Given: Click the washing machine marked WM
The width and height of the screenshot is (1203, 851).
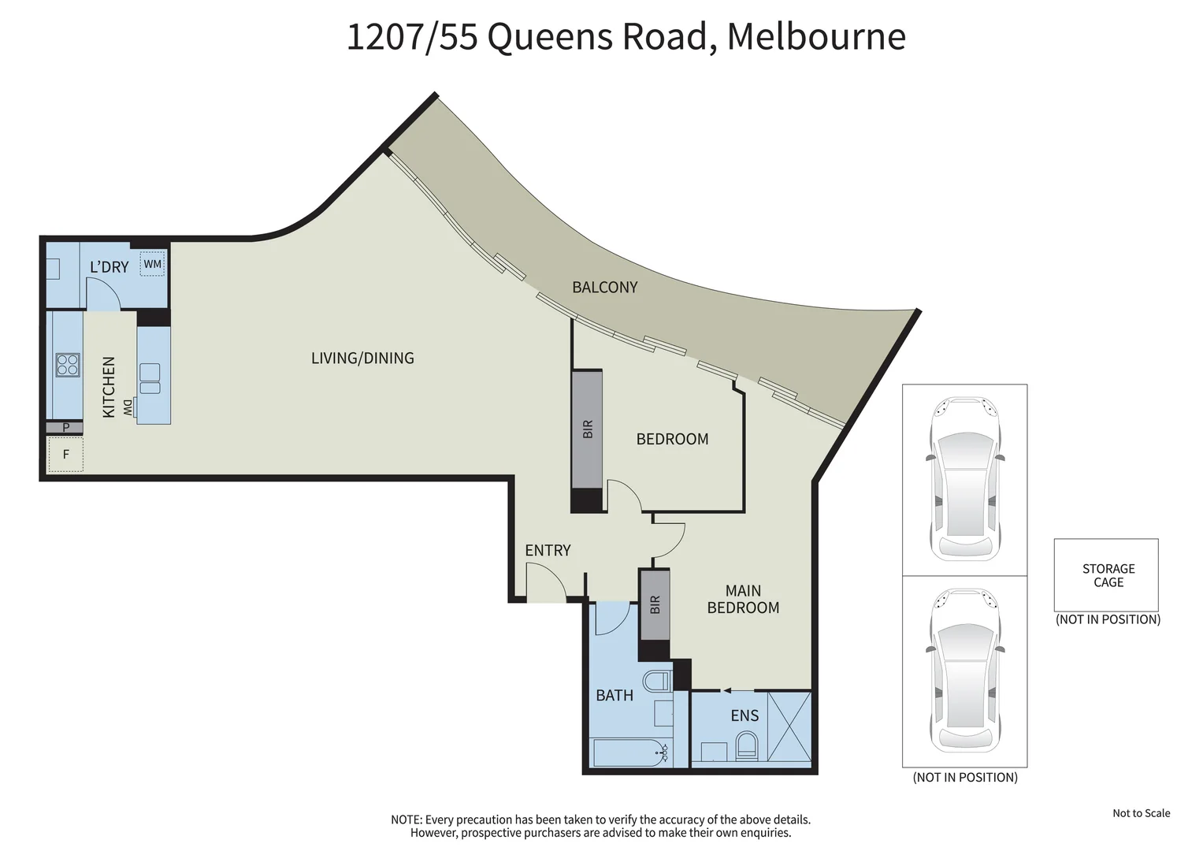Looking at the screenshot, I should click(152, 264).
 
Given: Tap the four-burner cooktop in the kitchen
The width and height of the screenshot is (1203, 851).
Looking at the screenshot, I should click(68, 365).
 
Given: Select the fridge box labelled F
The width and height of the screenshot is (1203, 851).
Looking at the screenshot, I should click(65, 455).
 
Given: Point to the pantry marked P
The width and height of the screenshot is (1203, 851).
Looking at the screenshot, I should click(65, 428).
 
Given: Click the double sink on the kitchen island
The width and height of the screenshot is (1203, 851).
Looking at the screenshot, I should click(150, 378).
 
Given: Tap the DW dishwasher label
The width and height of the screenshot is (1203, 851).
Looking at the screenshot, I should click(128, 407).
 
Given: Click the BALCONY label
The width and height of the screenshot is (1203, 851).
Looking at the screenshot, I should click(604, 288).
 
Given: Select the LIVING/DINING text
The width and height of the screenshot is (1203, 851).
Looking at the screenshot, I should click(362, 359).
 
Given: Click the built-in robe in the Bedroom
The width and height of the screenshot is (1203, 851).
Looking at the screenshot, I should click(587, 429).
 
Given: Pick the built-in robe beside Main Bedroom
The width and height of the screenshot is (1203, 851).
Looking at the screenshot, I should click(655, 604).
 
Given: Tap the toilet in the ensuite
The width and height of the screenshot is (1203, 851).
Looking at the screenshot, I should click(745, 745).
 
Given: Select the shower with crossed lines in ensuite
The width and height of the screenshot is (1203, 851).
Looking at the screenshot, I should click(789, 726).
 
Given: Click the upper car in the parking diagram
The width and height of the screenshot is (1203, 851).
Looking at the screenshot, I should click(965, 479).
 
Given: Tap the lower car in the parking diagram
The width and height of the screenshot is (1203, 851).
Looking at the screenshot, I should click(965, 670).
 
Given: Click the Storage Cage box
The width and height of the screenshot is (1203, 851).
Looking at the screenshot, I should click(1107, 575).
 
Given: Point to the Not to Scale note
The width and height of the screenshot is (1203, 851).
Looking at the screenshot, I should click(1141, 813).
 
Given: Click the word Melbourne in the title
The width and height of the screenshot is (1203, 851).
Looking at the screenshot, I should click(815, 37).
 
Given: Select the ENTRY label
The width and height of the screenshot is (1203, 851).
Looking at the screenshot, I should click(548, 551).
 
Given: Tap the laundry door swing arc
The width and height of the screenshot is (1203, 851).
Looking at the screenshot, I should click(104, 293).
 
